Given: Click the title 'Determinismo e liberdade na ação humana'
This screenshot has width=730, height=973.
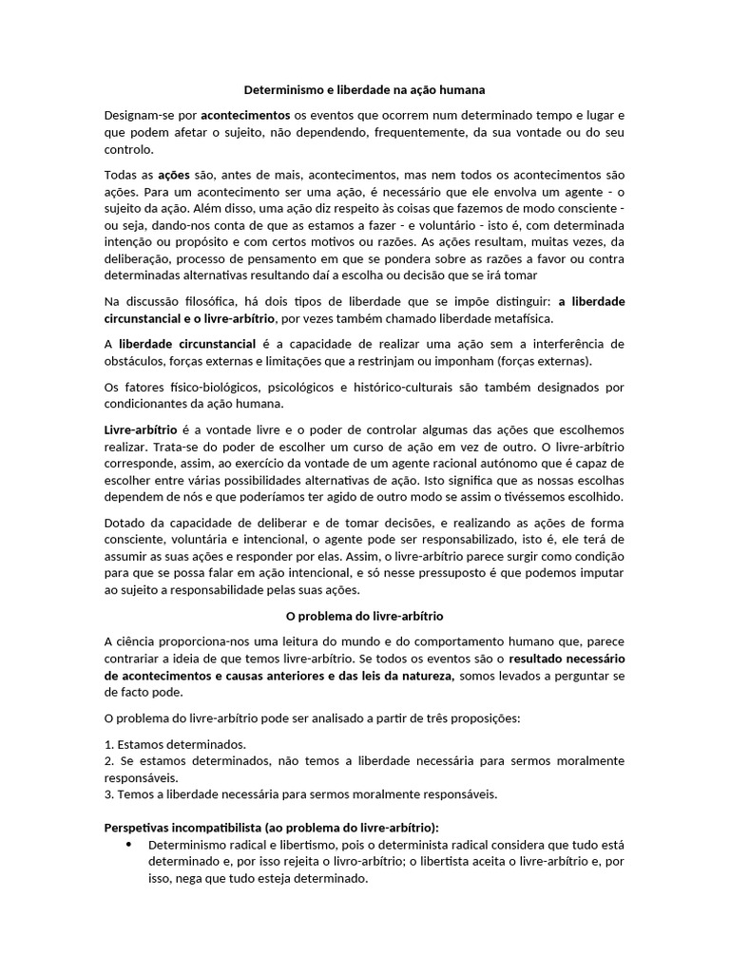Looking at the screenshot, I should click(365, 90).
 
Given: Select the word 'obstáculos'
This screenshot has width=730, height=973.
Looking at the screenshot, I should click(133, 361).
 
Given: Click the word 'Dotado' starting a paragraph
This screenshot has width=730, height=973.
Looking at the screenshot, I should click(125, 523).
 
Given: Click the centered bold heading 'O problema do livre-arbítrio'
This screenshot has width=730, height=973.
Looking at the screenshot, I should click(365, 616).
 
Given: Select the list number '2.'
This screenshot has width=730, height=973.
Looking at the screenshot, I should click(110, 761).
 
